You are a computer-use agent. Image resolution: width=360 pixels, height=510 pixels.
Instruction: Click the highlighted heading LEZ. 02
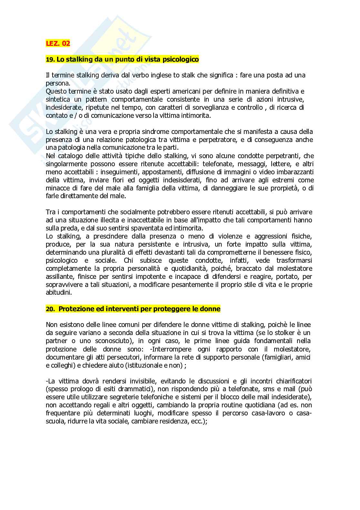58,43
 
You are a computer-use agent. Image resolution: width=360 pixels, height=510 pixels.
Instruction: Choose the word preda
65,228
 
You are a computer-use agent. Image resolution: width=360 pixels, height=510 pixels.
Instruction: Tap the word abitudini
59,293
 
